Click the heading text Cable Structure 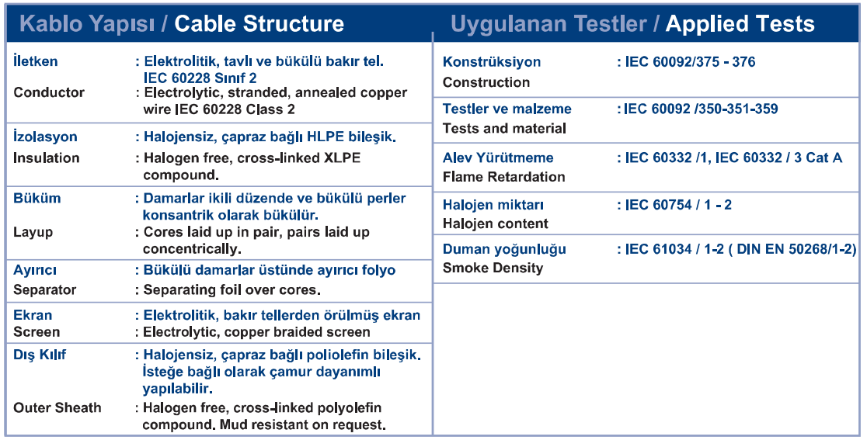coord(259,24)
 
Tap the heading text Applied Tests coord(740,24)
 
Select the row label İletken coord(36,61)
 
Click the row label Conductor coord(49,92)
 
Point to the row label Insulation coord(47,158)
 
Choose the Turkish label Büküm coord(37,198)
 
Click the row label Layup coord(33,233)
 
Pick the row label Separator coord(45,289)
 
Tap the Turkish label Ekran coord(33,315)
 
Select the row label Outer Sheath coord(57,408)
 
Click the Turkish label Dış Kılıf coord(40,355)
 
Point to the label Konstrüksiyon coord(492,62)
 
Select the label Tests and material coord(504,129)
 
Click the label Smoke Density coord(493,269)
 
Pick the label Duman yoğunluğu coord(504,250)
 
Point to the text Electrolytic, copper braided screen coord(256,332)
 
